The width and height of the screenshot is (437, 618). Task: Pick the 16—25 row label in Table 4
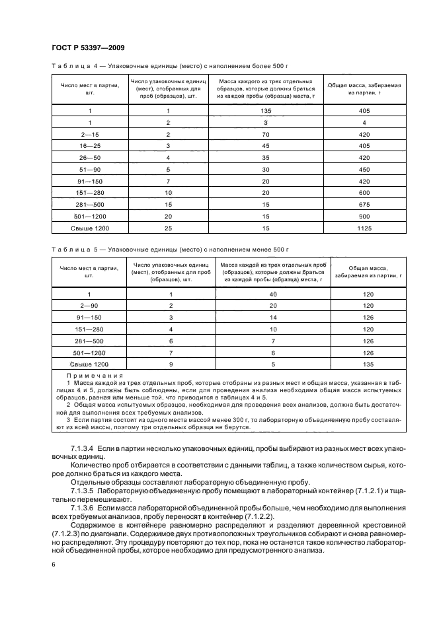click(89, 145)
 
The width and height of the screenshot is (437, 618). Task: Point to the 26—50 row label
click(89, 157)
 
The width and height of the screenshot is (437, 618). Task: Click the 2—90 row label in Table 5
click(89, 306)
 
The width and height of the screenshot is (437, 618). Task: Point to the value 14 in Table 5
click(272, 318)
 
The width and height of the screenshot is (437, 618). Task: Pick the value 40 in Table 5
click(272, 294)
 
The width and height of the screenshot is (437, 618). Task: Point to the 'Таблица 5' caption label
click(74, 249)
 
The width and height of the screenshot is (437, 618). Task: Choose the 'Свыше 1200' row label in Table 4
click(89, 228)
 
